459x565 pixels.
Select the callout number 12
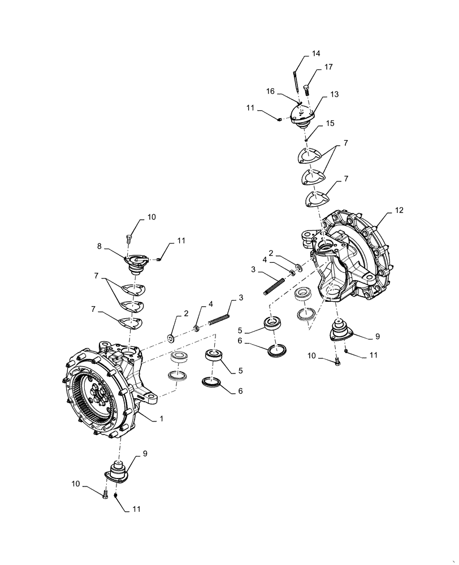(x=400, y=210)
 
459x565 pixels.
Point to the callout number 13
(x=334, y=94)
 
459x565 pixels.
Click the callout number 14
(x=315, y=54)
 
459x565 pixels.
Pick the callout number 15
(x=330, y=123)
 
